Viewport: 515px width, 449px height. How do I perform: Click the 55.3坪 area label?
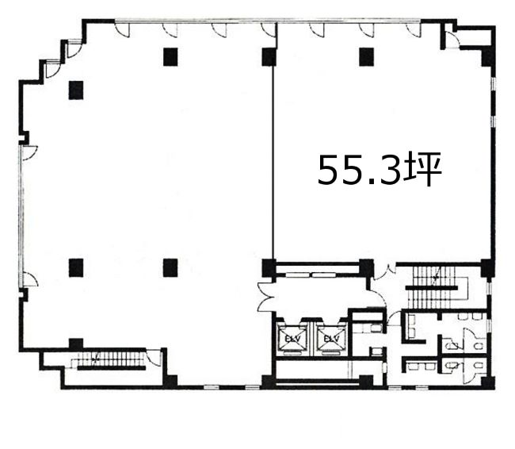click(x=380, y=171)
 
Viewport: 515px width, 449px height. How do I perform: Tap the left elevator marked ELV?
click(x=292, y=339)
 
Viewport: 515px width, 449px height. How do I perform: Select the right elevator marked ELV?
click(x=331, y=339)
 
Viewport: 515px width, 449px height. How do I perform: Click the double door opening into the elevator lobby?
click(x=265, y=297)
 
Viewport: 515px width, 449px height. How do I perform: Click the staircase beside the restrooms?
click(x=433, y=287)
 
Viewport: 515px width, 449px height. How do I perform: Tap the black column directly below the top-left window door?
click(x=170, y=57)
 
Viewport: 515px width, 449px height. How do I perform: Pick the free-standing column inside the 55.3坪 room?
click(x=367, y=57)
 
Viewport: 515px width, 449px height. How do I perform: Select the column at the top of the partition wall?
click(x=269, y=57)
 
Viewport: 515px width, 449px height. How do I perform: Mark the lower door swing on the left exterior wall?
click(x=30, y=279)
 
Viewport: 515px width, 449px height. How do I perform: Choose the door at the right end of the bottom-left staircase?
click(x=154, y=357)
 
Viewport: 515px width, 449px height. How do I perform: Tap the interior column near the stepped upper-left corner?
click(x=76, y=90)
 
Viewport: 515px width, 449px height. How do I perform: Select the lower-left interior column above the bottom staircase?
click(x=76, y=268)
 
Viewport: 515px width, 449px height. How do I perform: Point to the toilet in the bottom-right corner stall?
click(x=479, y=365)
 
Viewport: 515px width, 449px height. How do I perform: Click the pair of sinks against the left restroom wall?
click(x=411, y=326)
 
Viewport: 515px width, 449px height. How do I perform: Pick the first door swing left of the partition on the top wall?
click(x=268, y=29)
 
